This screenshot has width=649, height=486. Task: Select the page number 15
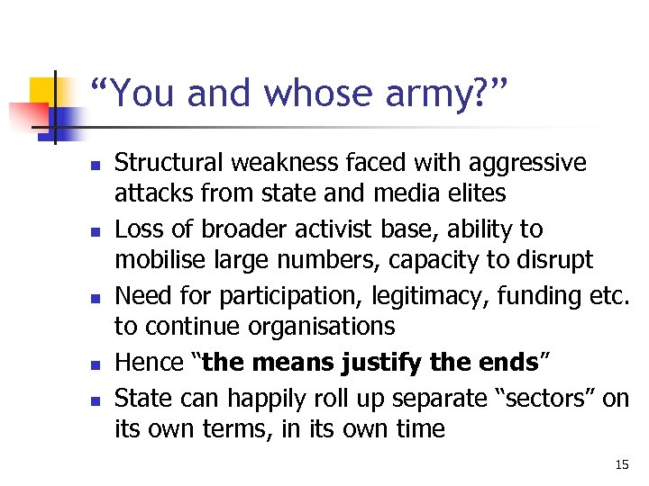pos(621,464)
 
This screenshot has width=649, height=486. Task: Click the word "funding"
pos(530,296)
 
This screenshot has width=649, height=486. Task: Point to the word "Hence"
pos(151,363)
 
